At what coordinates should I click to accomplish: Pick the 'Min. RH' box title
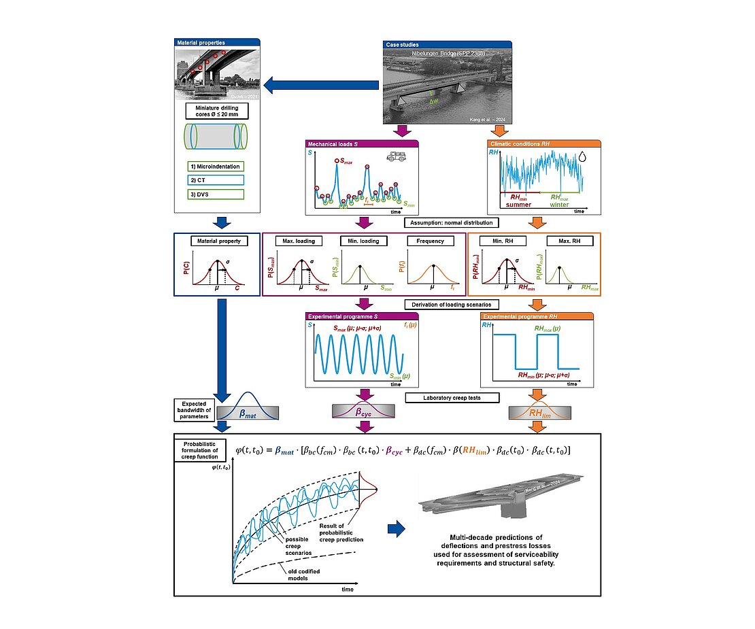click(x=503, y=241)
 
